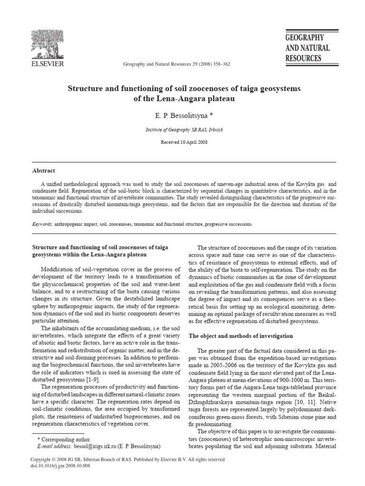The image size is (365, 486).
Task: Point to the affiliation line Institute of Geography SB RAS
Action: click(x=182, y=129)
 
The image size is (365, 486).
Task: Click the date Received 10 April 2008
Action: click(x=182, y=141)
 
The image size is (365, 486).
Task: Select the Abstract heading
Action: click(x=43, y=171)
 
